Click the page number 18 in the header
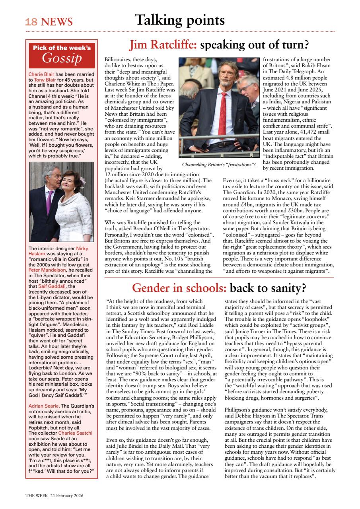pyautogui.click(x=31, y=22)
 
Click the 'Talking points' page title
pyautogui.click(x=179, y=19)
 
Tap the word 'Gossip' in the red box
pyautogui.click(x=62, y=58)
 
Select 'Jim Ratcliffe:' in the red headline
pyautogui.click(x=163, y=45)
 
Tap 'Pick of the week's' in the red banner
pyautogui.click(x=62, y=48)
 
